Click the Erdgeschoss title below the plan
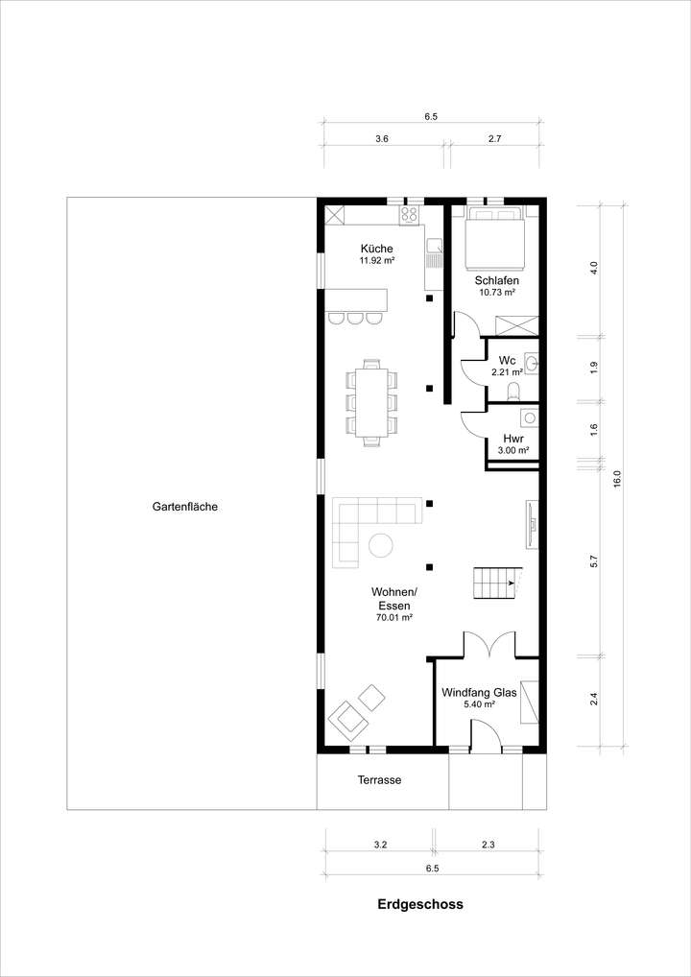(420, 904)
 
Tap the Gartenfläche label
(184, 507)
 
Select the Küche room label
(377, 249)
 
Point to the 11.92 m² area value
(377, 260)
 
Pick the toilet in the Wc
(512, 391)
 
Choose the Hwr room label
(512, 438)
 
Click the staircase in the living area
(494, 582)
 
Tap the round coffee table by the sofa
(381, 545)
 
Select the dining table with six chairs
(370, 401)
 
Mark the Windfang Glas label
(479, 692)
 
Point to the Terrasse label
(380, 780)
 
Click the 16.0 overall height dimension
(617, 476)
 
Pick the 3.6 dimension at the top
(382, 139)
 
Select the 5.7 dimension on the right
(594, 561)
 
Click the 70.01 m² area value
(393, 618)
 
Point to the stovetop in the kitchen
(411, 214)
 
